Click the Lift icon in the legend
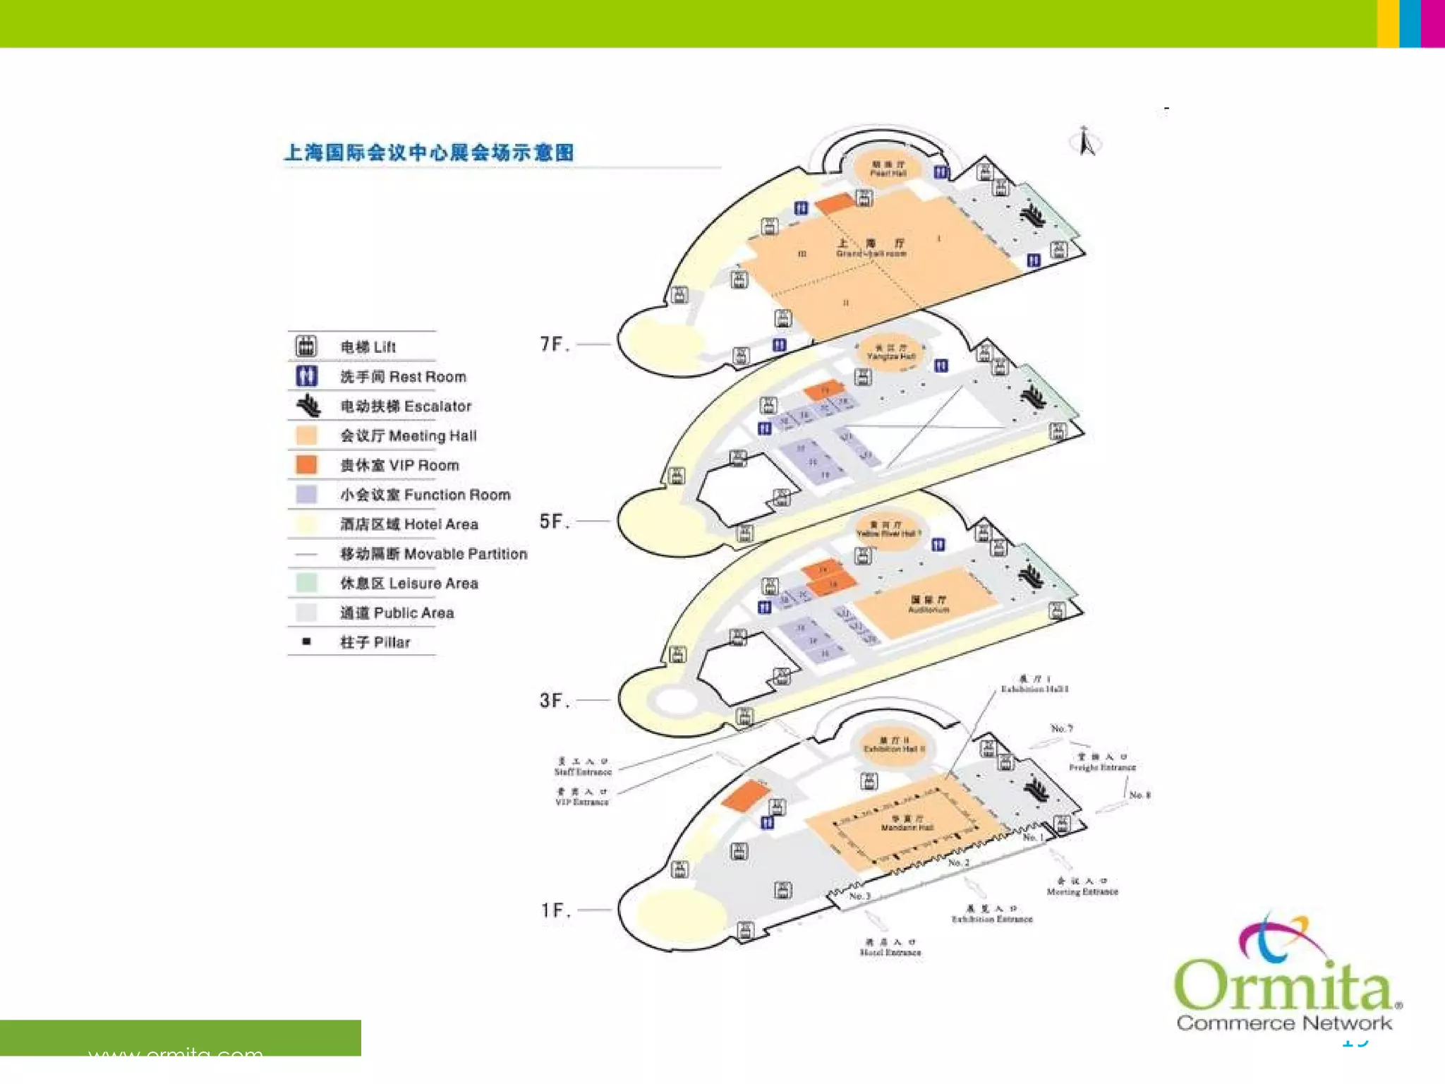coord(306,347)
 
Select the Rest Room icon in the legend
coord(306,376)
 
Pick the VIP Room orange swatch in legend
coord(306,465)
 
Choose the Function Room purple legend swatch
coord(306,495)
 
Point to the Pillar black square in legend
coord(306,642)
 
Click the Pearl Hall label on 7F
coord(888,169)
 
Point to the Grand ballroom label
coord(871,248)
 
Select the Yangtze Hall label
coord(890,353)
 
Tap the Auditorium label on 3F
coord(929,605)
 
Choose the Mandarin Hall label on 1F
coord(907,824)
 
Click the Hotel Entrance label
coord(890,948)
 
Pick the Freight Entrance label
coord(1102,762)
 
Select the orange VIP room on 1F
coord(745,795)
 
